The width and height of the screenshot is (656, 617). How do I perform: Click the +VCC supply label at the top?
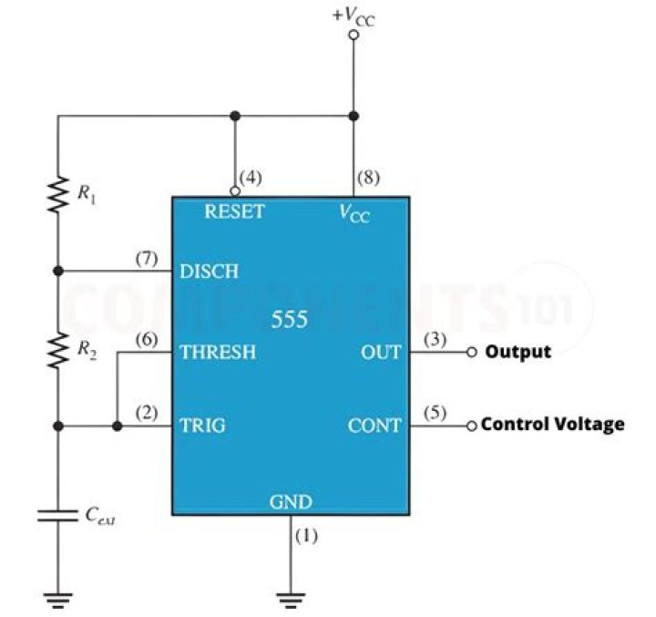tap(353, 16)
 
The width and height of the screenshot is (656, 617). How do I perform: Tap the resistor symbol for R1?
tap(58, 194)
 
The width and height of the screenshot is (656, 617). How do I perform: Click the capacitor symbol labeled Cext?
tap(58, 515)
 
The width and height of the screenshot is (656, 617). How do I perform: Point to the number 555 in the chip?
tap(290, 321)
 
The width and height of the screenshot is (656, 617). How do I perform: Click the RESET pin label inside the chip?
tap(234, 212)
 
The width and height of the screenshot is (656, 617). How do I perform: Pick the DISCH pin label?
tap(210, 272)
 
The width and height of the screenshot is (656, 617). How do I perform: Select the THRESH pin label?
tap(218, 352)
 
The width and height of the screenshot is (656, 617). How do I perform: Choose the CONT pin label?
tap(374, 426)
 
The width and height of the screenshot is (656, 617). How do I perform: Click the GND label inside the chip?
tap(291, 501)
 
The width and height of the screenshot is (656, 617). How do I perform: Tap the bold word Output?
tap(518, 352)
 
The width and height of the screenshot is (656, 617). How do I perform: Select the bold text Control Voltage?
tap(553, 425)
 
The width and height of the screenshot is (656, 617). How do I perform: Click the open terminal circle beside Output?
tap(471, 353)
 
